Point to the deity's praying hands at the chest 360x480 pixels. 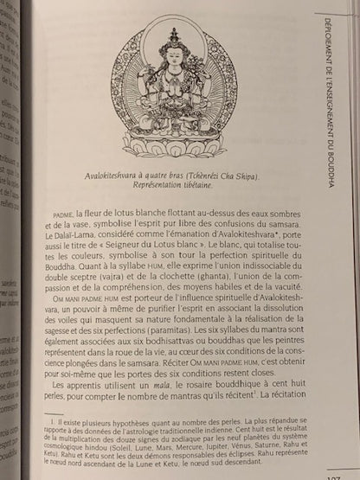(x=179, y=89)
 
